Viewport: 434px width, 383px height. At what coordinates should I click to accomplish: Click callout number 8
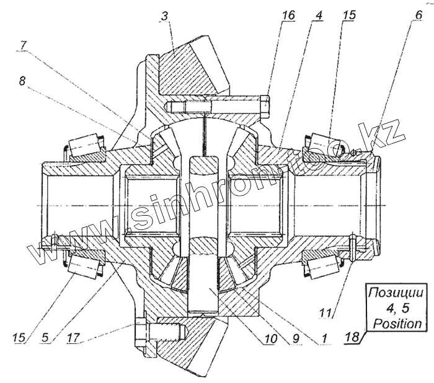click(22, 81)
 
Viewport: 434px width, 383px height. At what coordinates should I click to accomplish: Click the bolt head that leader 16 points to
click(265, 105)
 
